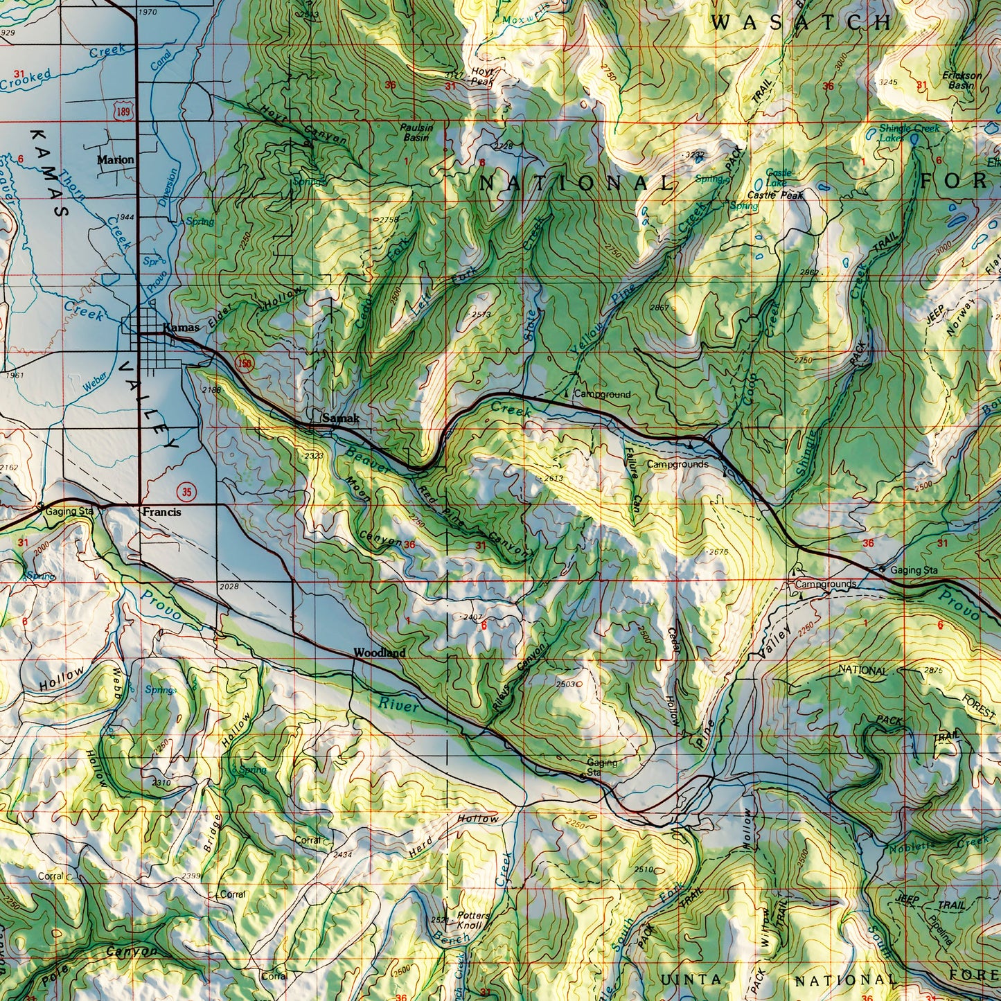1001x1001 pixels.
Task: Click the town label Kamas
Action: tap(181, 327)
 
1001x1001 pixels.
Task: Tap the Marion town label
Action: tap(116, 159)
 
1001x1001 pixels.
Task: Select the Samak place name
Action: tap(340, 418)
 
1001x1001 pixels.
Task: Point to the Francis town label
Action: tap(161, 512)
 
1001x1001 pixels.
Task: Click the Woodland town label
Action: tap(379, 653)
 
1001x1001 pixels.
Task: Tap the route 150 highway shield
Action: tap(244, 362)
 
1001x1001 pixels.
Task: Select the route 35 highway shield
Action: tap(186, 492)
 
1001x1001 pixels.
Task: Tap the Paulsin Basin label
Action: tap(416, 132)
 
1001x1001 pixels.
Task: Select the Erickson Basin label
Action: tap(962, 80)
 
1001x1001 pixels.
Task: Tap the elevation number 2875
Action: tap(933, 671)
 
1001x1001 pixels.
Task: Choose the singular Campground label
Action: tap(601, 394)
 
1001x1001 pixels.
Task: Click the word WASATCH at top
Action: tap(801, 22)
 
